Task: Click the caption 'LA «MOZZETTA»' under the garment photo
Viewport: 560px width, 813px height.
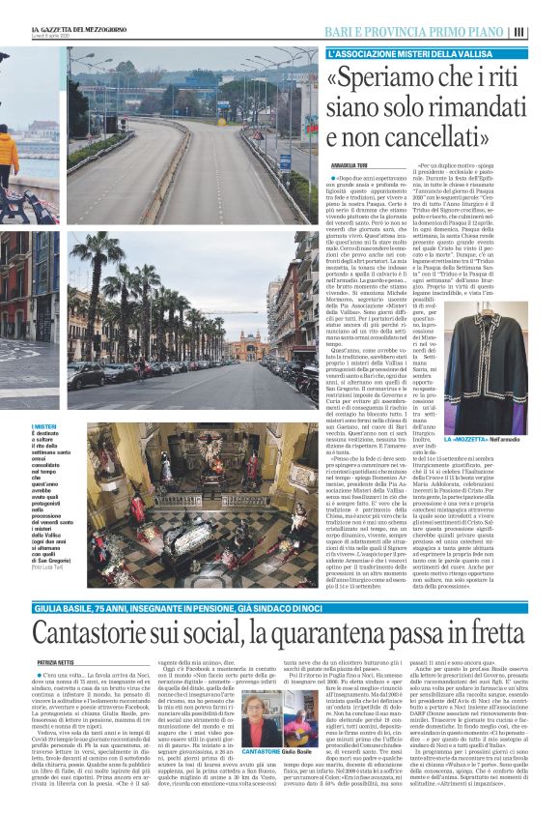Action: pos(474,442)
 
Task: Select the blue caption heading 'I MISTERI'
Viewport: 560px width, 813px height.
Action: pos(72,427)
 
